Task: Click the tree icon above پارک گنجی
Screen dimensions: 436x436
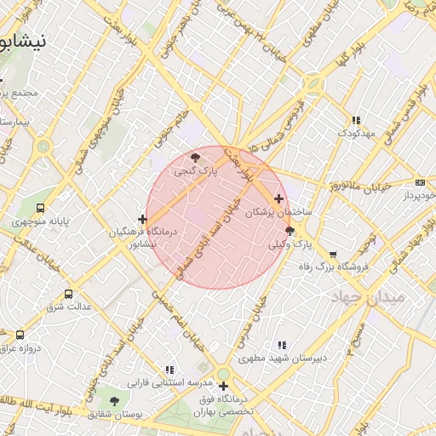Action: click(197, 157)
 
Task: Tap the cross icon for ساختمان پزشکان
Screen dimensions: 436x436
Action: click(278, 198)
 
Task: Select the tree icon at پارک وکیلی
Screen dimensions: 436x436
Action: click(290, 231)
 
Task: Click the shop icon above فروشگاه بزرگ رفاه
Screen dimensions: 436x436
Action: click(333, 254)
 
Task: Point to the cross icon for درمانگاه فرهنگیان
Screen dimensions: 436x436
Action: click(142, 220)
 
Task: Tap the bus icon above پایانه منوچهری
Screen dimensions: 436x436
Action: click(40, 209)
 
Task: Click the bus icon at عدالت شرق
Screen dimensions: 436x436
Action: click(69, 294)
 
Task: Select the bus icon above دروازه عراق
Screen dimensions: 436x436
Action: click(20, 336)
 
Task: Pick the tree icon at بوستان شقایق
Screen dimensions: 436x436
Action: click(114, 400)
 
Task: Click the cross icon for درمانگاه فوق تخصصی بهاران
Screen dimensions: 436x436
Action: click(223, 387)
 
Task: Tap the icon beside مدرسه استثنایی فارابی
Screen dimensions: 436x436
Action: click(169, 370)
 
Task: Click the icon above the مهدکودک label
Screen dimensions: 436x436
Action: click(355, 120)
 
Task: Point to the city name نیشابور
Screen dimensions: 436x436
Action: click(23, 40)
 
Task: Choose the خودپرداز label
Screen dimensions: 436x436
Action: click(416, 196)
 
